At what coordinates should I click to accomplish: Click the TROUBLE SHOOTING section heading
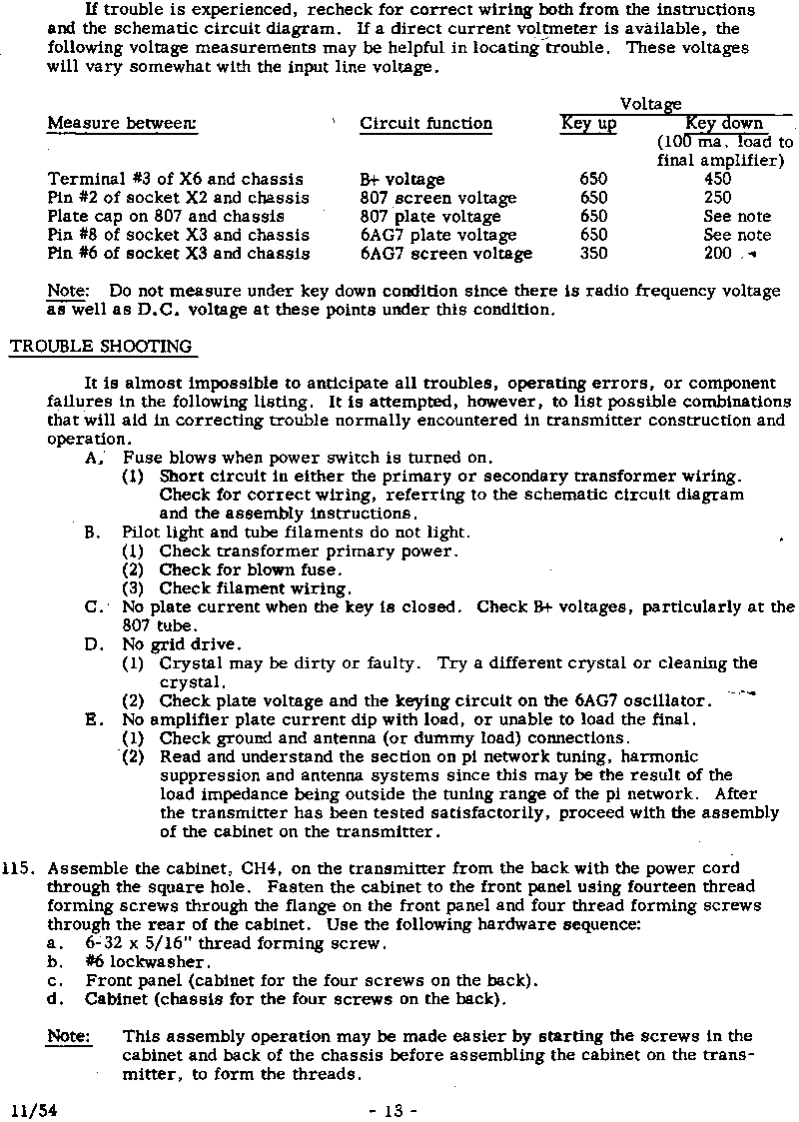point(101,347)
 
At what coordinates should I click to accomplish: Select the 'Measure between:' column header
point(122,124)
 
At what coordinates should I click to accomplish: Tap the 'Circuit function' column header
point(425,124)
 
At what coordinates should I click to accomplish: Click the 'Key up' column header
point(588,124)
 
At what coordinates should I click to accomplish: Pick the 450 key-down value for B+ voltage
point(717,180)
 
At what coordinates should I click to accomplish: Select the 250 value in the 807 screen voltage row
point(717,198)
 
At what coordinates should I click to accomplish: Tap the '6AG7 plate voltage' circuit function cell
point(438,236)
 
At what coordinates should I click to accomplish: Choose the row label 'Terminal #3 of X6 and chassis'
point(176,180)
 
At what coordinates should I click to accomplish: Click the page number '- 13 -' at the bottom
point(393,1110)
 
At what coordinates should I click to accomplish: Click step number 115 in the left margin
point(18,868)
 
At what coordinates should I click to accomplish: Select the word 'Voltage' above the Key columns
point(650,104)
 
